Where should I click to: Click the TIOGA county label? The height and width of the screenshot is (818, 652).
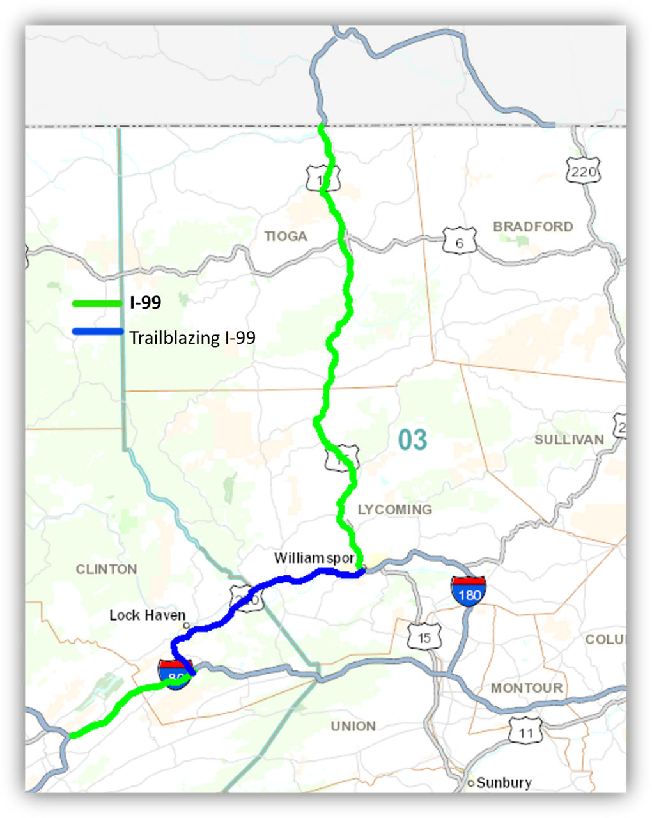pyautogui.click(x=286, y=236)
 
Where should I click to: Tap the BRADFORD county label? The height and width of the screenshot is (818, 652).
pyautogui.click(x=533, y=227)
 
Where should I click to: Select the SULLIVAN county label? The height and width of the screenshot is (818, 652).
pyautogui.click(x=569, y=440)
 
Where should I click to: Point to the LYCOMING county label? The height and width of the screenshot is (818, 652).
pyautogui.click(x=394, y=509)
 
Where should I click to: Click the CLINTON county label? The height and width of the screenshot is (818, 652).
pyautogui.click(x=106, y=569)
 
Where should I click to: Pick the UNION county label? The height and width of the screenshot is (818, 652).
pyautogui.click(x=353, y=727)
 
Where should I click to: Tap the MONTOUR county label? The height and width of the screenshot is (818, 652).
pyautogui.click(x=527, y=688)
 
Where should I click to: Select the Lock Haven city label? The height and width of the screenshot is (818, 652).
pyautogui.click(x=147, y=615)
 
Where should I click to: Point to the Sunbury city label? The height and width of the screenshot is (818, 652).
pyautogui.click(x=504, y=783)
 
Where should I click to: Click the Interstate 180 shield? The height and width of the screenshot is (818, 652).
pyautogui.click(x=469, y=591)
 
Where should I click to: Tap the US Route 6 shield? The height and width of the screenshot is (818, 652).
pyautogui.click(x=459, y=242)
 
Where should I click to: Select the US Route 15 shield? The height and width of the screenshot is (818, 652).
pyautogui.click(x=424, y=637)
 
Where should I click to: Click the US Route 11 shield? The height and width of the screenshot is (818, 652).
pyautogui.click(x=525, y=732)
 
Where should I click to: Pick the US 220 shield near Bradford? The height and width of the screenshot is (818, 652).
pyautogui.click(x=583, y=171)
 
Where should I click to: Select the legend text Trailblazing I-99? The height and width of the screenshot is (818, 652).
pyautogui.click(x=192, y=338)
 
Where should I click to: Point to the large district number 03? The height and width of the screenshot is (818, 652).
pyautogui.click(x=412, y=440)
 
